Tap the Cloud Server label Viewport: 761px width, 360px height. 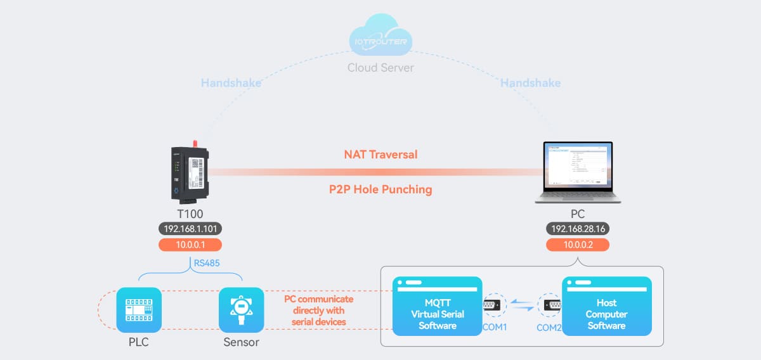[x=380, y=67]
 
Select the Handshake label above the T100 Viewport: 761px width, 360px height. [x=231, y=82]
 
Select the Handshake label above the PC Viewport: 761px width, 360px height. [x=531, y=82]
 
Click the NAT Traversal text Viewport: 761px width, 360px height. [x=380, y=154]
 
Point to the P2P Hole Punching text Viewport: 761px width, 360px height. [x=380, y=189]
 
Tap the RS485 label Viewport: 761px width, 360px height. [x=207, y=262]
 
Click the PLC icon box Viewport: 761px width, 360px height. [x=139, y=310]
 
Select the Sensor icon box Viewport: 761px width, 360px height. [x=241, y=310]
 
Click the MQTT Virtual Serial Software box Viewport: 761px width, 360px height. [x=437, y=306]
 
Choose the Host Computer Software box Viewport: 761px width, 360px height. [x=606, y=306]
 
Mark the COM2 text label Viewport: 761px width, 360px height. [x=549, y=328]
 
